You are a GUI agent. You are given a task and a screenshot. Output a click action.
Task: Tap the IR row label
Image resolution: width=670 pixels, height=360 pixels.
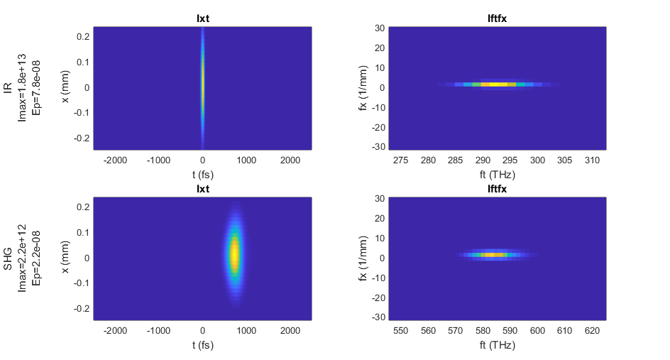(x=8, y=87)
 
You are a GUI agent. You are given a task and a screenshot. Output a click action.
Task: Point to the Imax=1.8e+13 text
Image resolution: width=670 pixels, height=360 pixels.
(x=22, y=87)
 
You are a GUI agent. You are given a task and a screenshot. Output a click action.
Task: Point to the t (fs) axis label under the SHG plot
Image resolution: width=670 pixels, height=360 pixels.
(x=203, y=345)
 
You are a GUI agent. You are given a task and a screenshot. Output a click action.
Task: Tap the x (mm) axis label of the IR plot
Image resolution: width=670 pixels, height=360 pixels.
(x=65, y=87)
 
